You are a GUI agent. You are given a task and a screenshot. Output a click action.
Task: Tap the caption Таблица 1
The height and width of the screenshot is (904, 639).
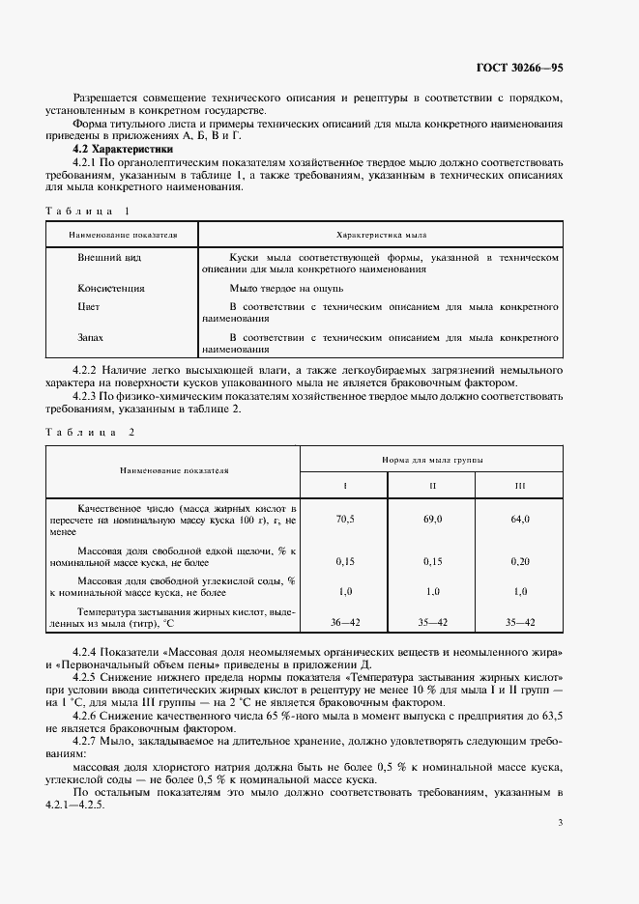point(87,210)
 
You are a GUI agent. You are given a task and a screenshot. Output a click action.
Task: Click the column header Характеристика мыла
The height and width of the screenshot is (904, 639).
point(381,235)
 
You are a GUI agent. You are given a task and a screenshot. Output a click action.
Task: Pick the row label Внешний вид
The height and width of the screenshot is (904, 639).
point(109,259)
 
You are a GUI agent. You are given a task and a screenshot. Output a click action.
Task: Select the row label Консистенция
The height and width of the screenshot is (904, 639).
point(111,288)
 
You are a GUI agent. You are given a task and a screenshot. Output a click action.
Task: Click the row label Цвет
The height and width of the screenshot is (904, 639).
point(89,306)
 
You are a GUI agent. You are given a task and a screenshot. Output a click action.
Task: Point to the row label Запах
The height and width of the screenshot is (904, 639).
point(91,338)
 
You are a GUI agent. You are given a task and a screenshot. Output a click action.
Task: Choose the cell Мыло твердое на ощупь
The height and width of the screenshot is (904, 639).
point(285,288)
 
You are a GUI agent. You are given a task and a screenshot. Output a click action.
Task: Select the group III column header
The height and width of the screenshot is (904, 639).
point(520,483)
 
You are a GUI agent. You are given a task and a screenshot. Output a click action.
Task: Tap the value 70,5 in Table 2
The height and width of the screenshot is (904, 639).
point(344,519)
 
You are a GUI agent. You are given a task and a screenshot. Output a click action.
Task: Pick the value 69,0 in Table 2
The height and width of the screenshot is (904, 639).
point(432,519)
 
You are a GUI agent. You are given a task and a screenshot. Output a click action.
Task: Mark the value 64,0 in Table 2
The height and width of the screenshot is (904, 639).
point(520,519)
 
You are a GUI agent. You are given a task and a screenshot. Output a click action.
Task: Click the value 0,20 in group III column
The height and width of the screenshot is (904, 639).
point(520,560)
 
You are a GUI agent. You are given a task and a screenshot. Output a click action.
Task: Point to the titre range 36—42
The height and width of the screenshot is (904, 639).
point(344,623)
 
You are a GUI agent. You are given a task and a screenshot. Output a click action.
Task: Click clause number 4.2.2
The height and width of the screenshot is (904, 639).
point(89,370)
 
